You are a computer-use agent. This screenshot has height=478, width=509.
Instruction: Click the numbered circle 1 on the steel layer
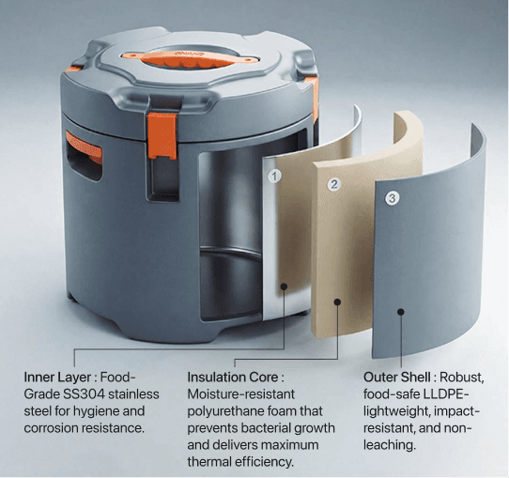(274, 177)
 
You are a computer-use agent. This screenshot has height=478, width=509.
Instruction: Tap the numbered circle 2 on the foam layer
(334, 184)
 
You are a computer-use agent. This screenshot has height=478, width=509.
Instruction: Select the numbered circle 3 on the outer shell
(393, 198)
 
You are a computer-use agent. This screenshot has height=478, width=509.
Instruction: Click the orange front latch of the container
(162, 135)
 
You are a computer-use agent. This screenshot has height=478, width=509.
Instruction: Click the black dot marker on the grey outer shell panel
(401, 312)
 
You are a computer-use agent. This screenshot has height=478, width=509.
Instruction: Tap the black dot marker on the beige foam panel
(337, 302)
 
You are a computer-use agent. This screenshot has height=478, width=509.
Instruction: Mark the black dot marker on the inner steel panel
(284, 286)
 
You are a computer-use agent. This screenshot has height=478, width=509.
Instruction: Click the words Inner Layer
(57, 378)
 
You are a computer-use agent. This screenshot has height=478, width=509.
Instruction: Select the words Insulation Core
(233, 378)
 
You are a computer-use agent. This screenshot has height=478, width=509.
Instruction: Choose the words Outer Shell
(397, 378)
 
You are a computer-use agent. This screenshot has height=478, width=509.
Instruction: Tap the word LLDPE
(446, 394)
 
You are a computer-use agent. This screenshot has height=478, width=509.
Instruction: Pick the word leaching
(389, 445)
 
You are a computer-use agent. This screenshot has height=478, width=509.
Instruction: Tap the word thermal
(209, 462)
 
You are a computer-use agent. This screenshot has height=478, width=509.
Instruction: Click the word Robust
(462, 378)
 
